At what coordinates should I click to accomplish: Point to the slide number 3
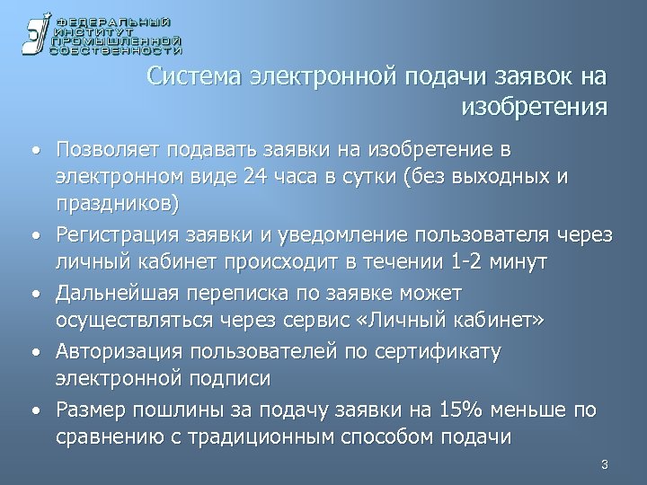(605, 464)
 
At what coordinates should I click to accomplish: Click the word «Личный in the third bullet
(435, 321)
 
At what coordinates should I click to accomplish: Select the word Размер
(87, 410)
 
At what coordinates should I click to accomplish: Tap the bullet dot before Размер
(32, 410)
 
